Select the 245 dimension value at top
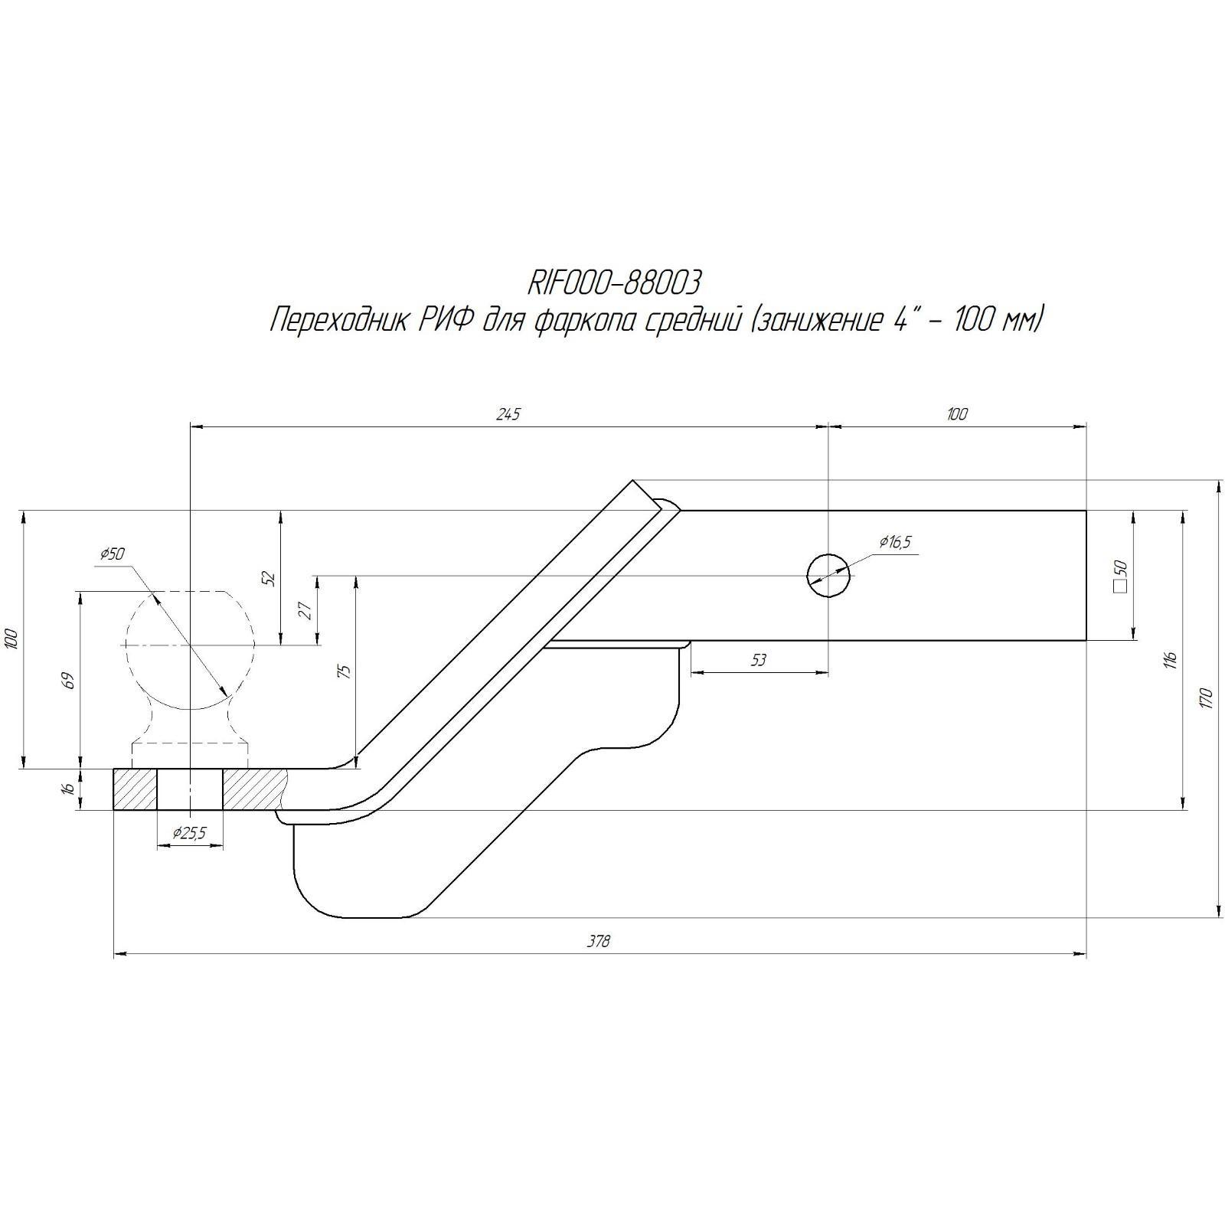pos(508,414)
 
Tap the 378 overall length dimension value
pos(599,941)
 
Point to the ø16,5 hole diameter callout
pos(895,543)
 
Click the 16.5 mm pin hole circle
pos(828,574)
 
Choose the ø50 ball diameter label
pos(112,554)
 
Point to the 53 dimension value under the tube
pos(759,660)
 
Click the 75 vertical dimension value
pos(345,671)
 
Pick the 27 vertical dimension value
pos(305,610)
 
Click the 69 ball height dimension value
pos(69,680)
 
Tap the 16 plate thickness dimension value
pos(69,788)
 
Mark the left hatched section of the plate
pos(136,789)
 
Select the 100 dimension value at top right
pos(957,414)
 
